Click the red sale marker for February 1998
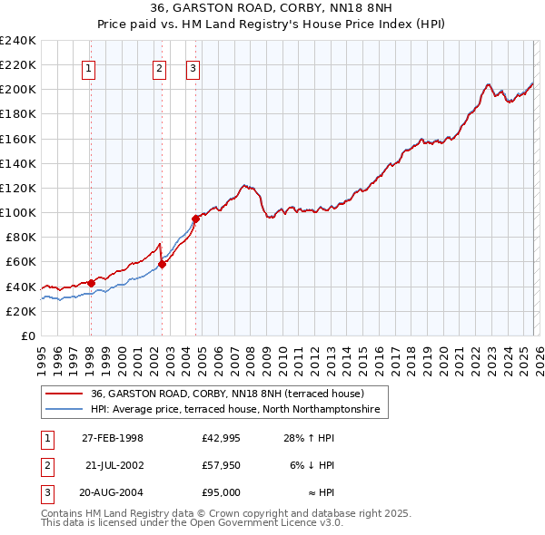91,283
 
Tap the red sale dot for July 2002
162,264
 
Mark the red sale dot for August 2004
195,219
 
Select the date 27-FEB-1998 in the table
113,438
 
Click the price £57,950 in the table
221,465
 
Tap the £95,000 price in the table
221,492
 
